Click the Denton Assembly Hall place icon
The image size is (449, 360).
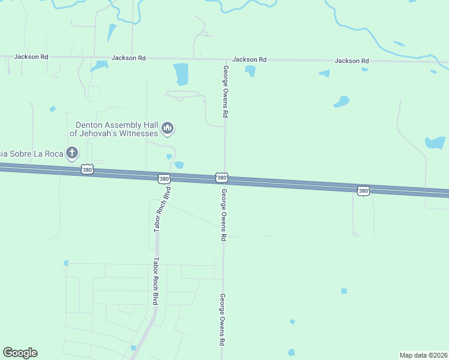pos(167,128)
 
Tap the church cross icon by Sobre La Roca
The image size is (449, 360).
pos(72,152)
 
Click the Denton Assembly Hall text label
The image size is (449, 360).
pos(114,128)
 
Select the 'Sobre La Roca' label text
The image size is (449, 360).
pos(31,154)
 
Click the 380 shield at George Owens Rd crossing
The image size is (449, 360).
pos(221,178)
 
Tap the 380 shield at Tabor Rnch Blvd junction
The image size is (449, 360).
pos(164,179)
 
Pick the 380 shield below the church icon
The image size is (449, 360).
pos(88,170)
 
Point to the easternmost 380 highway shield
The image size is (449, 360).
pos(363,190)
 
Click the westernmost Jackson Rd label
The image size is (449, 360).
pos(31,57)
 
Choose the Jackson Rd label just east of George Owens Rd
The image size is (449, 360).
pos(249,59)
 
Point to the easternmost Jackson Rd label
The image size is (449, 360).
pos(351,61)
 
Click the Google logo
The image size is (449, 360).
pos(20,353)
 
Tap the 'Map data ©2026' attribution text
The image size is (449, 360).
pos(423,355)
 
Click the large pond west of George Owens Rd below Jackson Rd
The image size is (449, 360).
pos(181,74)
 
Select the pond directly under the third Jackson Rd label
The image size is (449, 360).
pos(250,71)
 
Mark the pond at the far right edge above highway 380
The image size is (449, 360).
pos(436,142)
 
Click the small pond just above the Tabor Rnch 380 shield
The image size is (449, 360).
pos(179,165)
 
